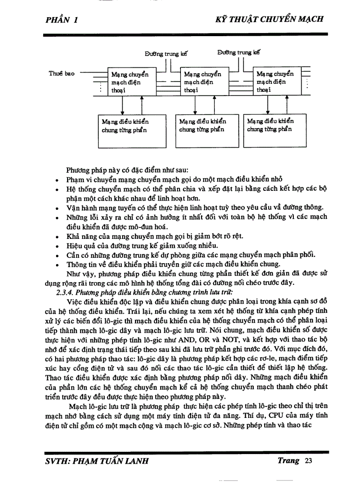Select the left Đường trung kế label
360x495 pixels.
pyautogui.click(x=166, y=54)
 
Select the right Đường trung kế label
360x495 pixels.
pyautogui.click(x=238, y=52)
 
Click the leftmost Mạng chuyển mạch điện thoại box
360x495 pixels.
pyautogui.click(x=132, y=82)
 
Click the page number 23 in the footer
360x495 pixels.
pyautogui.click(x=308, y=461)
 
